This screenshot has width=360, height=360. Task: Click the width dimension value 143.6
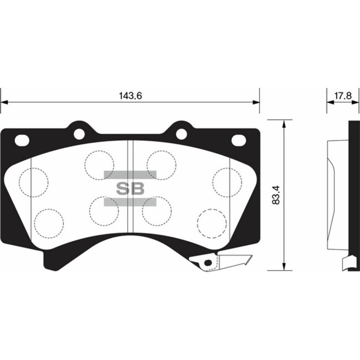pos(130,96)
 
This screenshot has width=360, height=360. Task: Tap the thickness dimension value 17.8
pos(343,96)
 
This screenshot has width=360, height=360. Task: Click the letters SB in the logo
pos(130,188)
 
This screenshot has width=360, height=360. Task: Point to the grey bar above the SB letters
pos(130,175)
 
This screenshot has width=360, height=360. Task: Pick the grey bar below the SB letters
pos(130,202)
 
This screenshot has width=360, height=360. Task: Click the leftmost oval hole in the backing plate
pos(22,140)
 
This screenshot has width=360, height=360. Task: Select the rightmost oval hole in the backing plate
pos(238,140)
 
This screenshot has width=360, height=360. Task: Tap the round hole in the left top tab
pos(79,134)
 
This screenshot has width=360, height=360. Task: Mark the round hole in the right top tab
pos(182,134)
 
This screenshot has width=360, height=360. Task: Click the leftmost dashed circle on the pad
pos(33,182)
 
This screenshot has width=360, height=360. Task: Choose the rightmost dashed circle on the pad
pos(227,182)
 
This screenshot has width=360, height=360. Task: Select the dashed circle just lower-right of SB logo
pos(157,211)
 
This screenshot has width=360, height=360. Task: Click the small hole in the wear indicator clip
pos(208,263)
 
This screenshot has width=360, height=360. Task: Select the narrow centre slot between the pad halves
pos(130,190)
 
